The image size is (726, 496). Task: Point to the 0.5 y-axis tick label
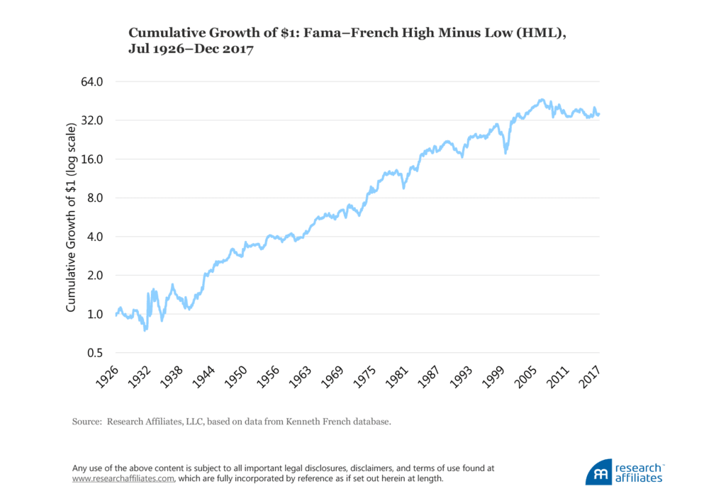[93, 353]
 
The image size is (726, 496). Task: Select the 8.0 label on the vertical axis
[93, 198]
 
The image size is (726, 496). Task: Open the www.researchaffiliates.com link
[123, 478]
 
